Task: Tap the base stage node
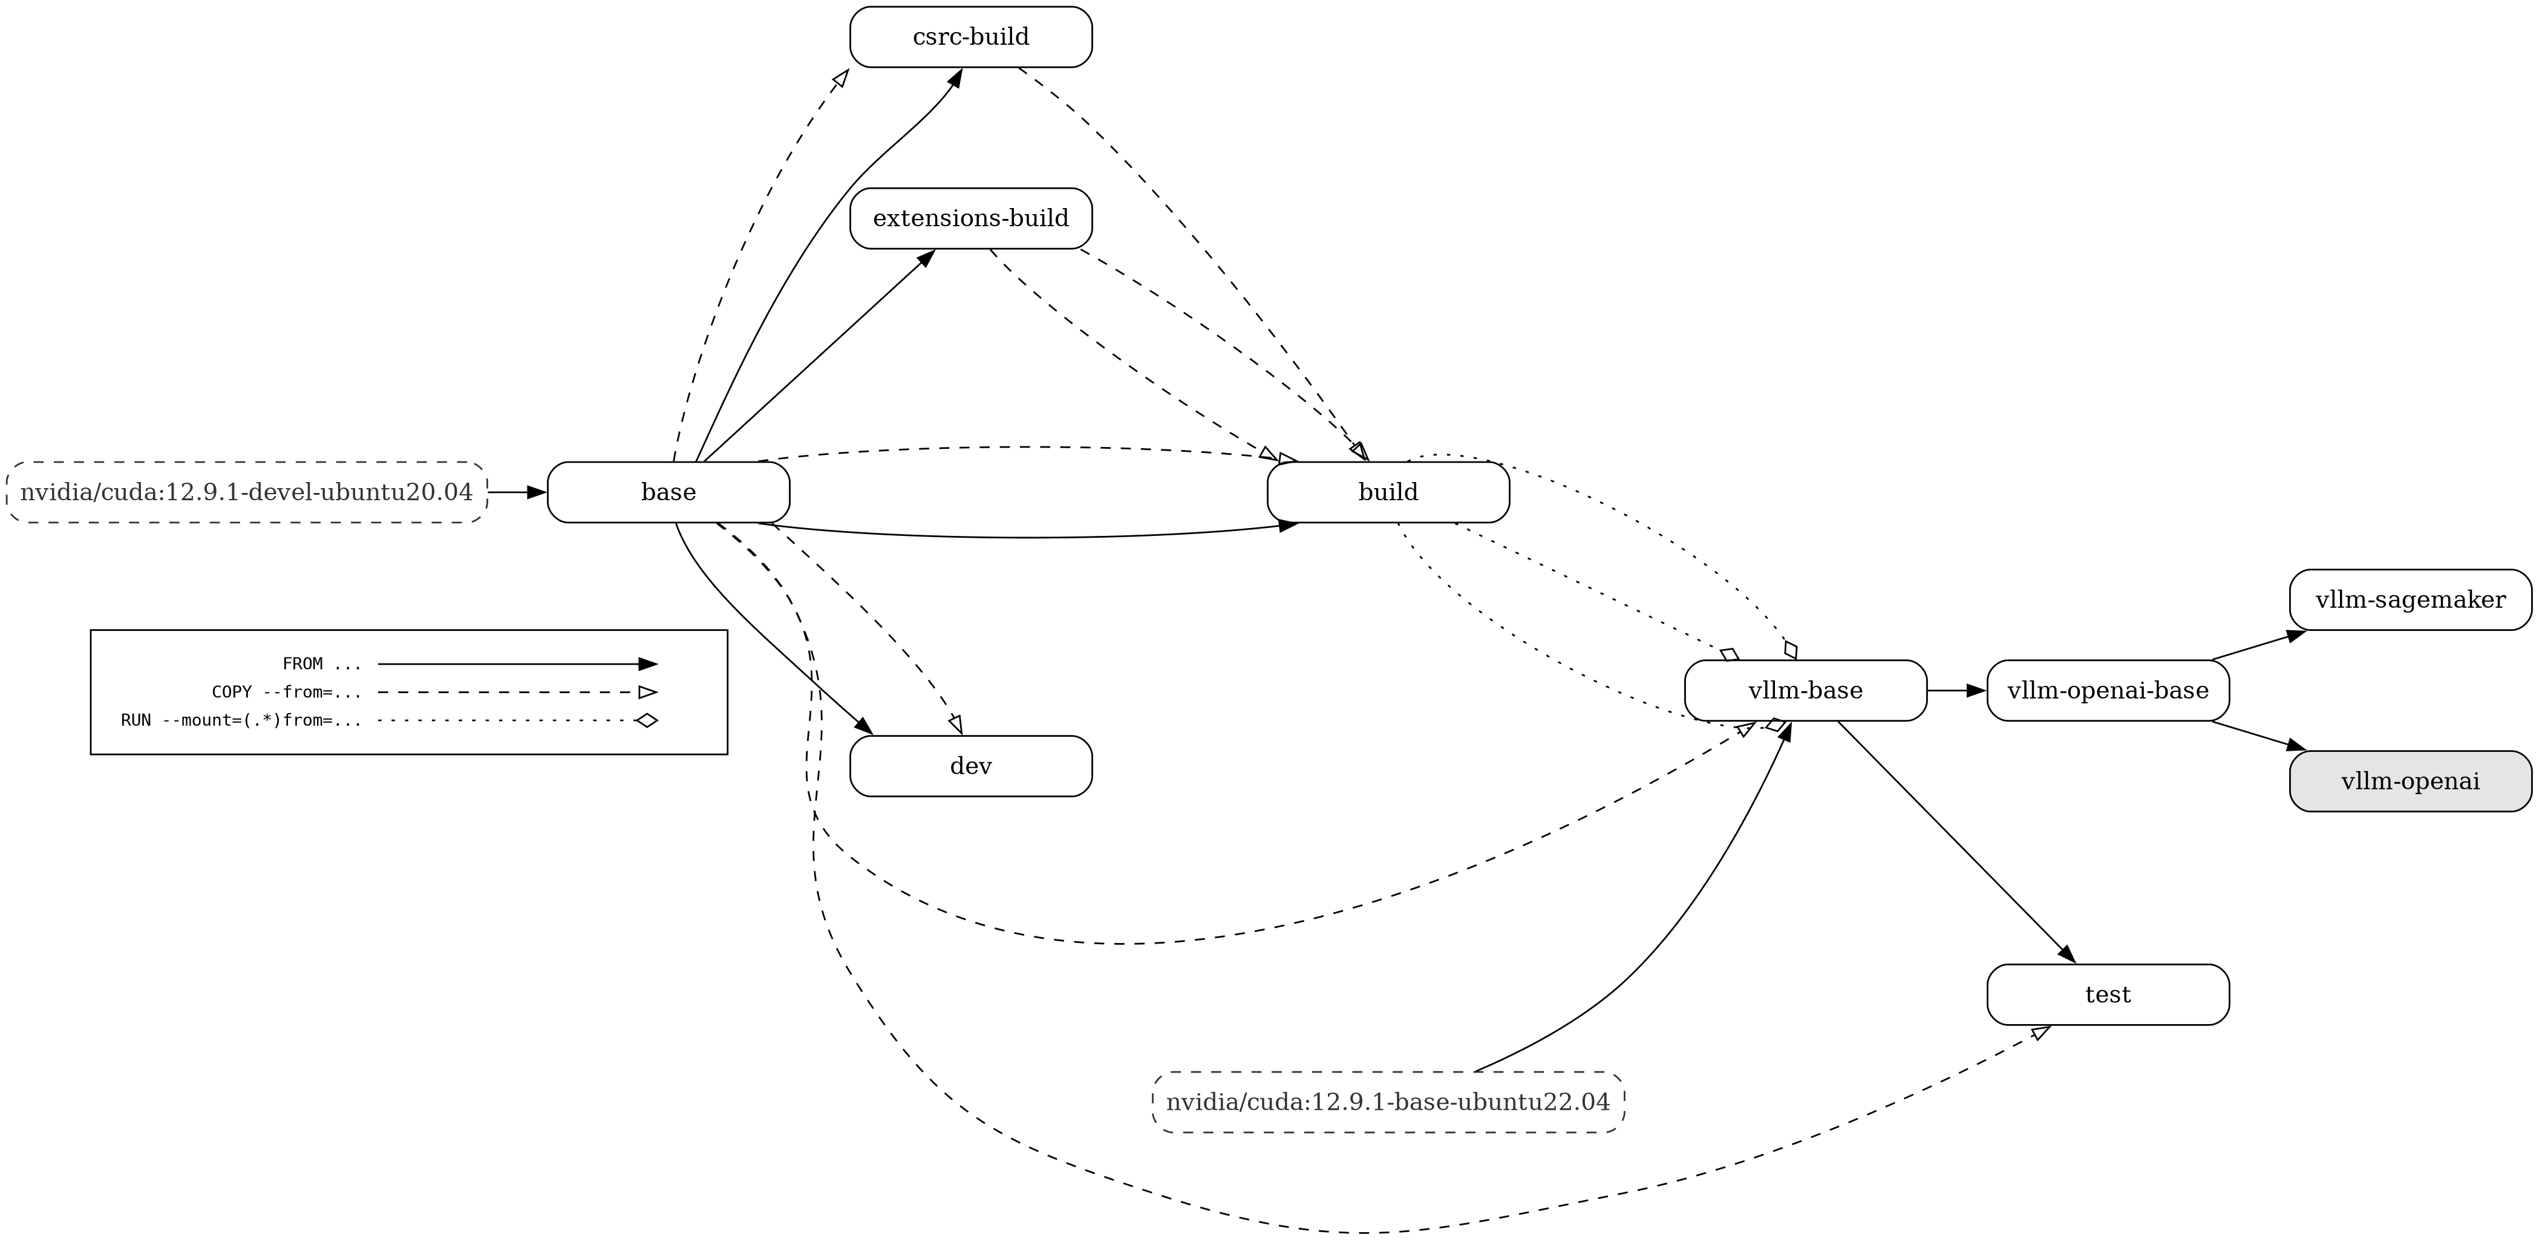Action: click(668, 492)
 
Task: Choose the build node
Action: click(1388, 492)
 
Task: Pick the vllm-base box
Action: click(1805, 691)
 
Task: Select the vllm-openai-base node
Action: click(2107, 691)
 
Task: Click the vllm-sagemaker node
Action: click(2410, 599)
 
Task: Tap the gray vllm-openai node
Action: click(2410, 782)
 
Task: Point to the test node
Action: click(2107, 994)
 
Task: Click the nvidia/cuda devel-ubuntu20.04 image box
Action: click(246, 492)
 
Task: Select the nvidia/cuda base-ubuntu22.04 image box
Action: click(1388, 1102)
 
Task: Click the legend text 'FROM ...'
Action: click(321, 664)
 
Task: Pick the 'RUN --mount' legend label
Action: click(241, 720)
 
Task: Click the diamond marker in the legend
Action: click(647, 720)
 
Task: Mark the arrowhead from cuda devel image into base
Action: click(536, 492)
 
